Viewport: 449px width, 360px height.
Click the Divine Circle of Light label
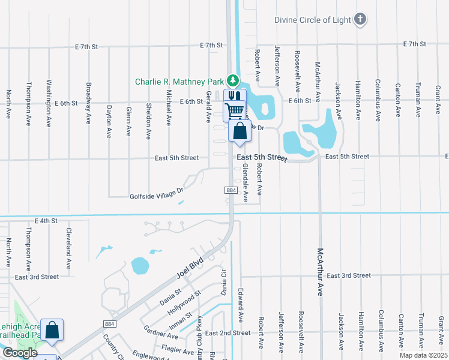pos(313,20)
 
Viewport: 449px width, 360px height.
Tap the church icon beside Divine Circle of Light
pos(360,20)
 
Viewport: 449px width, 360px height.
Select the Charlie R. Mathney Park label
pos(179,82)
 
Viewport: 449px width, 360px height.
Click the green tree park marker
pos(232,80)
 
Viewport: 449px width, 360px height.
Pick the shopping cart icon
pos(235,110)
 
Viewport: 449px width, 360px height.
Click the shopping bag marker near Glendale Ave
pos(240,131)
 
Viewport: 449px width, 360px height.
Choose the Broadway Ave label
pos(89,103)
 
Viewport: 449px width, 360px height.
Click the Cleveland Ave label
pos(69,248)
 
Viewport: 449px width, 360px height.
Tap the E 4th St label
pos(46,221)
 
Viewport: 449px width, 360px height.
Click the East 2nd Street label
pos(228,333)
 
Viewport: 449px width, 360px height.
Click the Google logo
pos(20,353)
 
